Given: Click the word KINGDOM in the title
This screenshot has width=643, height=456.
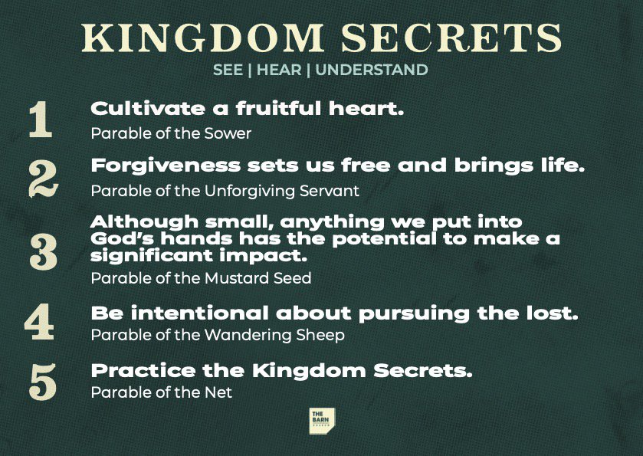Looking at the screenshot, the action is (203, 38).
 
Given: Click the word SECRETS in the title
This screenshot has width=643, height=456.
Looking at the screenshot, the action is (451, 38).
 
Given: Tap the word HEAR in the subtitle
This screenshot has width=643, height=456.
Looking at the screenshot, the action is (279, 70).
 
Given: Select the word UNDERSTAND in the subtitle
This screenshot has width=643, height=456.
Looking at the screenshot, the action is (372, 70).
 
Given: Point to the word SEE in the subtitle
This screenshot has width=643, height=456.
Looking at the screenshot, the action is (228, 70).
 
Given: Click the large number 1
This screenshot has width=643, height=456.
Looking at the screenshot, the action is (41, 119).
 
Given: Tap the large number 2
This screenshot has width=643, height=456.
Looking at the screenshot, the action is (44, 179).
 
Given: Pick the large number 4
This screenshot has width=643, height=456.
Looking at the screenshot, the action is (39, 321).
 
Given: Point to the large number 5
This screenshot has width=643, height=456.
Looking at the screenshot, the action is (43, 382).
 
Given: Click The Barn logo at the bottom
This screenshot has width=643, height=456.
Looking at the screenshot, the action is (322, 422).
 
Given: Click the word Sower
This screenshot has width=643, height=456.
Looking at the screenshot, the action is (228, 133).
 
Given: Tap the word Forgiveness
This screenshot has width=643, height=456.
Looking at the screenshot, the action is (166, 166).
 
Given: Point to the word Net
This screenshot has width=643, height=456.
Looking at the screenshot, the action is (218, 392).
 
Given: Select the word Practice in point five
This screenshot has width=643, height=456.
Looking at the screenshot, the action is (143, 371).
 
